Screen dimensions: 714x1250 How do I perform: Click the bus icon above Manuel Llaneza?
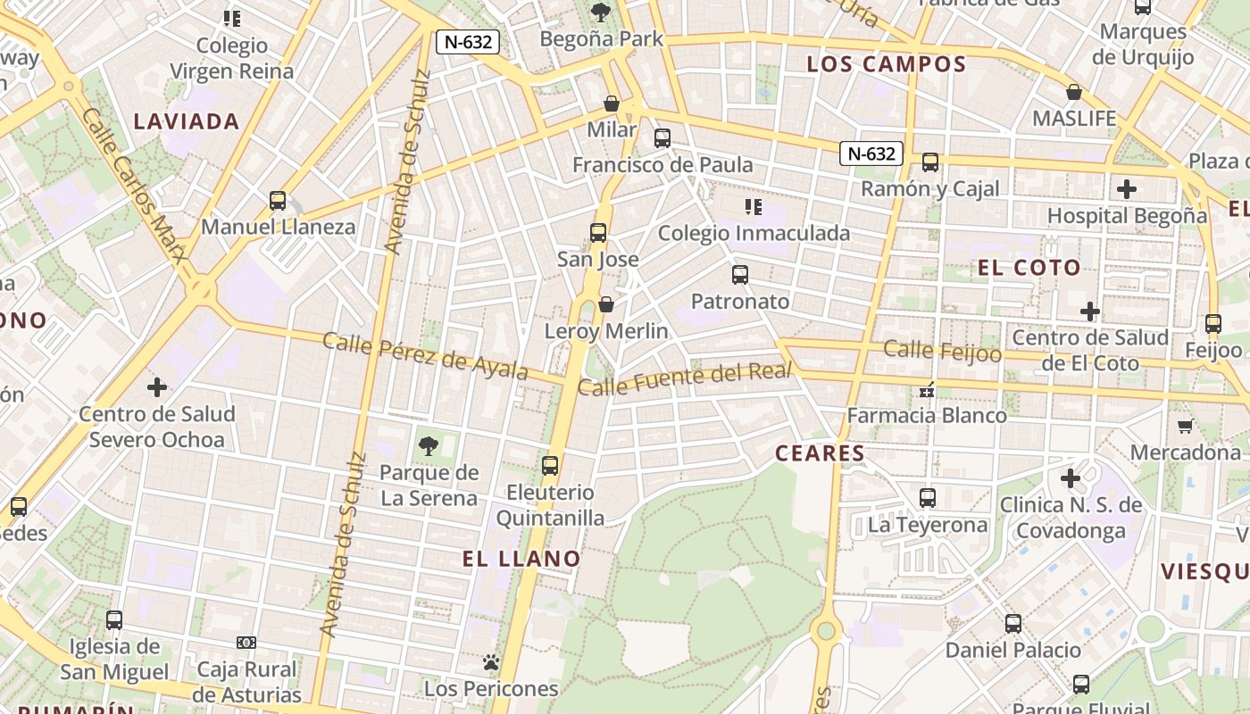click(278, 201)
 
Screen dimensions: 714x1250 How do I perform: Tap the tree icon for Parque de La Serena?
click(429, 445)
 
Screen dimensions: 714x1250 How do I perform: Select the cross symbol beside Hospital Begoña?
click(1127, 189)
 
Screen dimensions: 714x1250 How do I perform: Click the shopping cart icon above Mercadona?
click(1185, 426)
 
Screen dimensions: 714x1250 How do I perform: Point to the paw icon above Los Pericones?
click(490, 662)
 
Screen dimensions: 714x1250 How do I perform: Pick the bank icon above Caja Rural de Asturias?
click(246, 643)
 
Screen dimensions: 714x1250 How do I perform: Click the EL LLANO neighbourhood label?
click(521, 559)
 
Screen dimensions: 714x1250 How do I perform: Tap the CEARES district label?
click(820, 453)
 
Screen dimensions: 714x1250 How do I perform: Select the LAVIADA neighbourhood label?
click(187, 121)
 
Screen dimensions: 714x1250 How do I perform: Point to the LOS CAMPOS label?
click(886, 64)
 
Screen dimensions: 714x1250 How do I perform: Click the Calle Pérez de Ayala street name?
click(425, 355)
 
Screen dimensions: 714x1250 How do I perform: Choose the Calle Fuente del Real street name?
click(685, 379)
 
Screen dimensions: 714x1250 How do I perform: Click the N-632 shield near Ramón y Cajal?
click(871, 154)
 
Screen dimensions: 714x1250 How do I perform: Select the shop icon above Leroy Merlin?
click(606, 305)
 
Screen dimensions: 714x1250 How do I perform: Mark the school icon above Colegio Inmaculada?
click(754, 208)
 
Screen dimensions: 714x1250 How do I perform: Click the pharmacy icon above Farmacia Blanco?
click(927, 389)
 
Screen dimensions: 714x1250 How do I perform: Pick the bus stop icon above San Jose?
click(598, 234)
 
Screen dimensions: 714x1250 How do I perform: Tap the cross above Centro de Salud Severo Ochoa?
click(157, 387)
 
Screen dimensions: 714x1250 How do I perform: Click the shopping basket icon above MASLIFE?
click(1074, 93)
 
